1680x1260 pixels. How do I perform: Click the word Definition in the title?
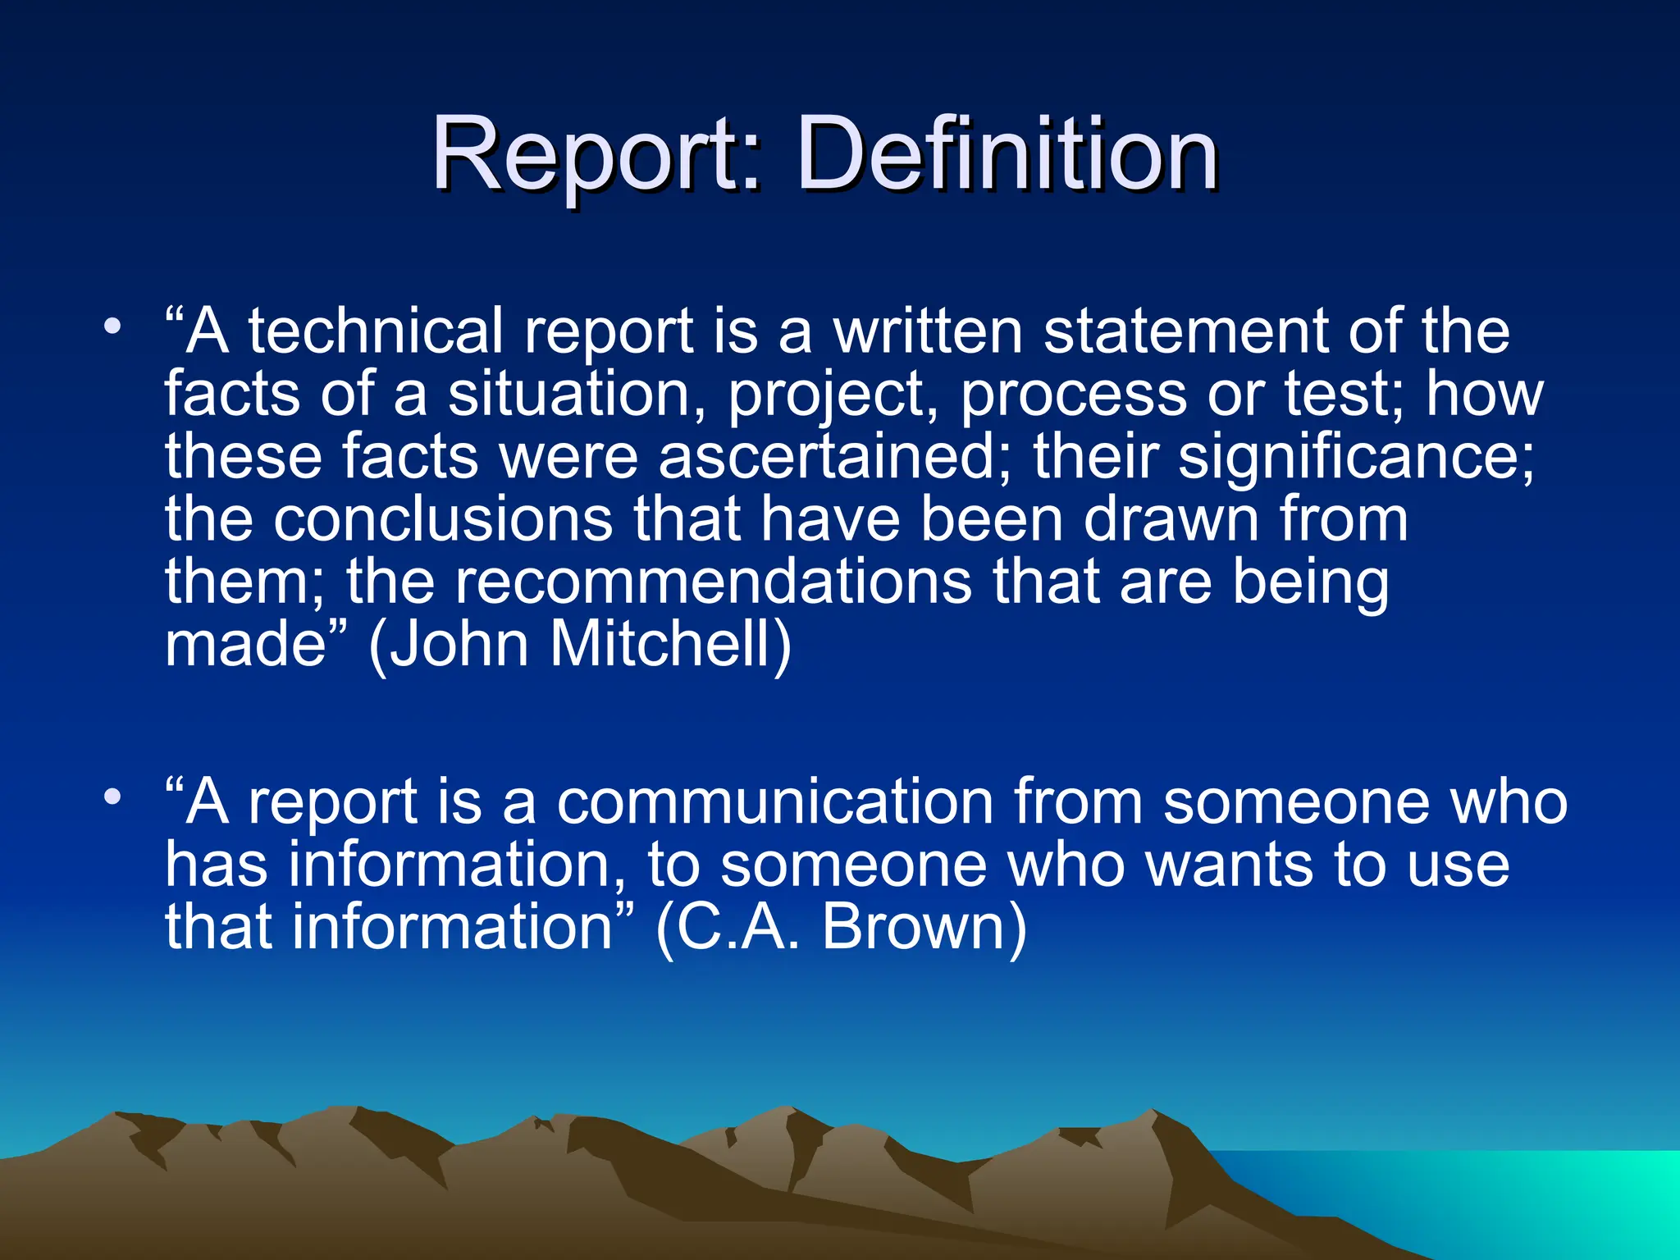pyautogui.click(x=1007, y=153)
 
